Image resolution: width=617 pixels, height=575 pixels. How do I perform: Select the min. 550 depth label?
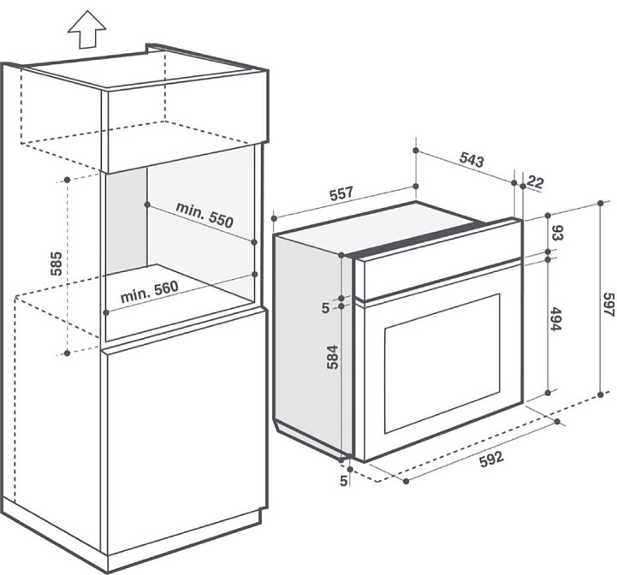[205, 215]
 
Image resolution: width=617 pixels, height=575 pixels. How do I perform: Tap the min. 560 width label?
[150, 291]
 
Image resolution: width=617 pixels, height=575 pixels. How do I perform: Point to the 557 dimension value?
[341, 193]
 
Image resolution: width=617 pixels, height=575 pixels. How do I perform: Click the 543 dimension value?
[472, 160]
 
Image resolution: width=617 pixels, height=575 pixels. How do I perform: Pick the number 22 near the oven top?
[535, 182]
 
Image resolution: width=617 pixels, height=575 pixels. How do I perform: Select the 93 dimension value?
[558, 232]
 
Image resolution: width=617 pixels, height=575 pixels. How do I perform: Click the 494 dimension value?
[555, 318]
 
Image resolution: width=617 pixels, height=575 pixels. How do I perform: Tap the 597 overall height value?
[609, 304]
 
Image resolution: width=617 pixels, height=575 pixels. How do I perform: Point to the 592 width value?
[491, 459]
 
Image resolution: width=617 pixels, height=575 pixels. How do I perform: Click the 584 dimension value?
[333, 357]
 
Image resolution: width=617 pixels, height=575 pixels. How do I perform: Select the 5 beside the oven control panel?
[325, 308]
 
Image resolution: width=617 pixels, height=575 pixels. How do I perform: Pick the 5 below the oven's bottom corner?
[343, 480]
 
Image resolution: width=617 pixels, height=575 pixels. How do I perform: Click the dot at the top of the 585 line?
[68, 180]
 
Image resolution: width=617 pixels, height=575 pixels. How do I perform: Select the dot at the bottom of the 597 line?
[601, 394]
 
